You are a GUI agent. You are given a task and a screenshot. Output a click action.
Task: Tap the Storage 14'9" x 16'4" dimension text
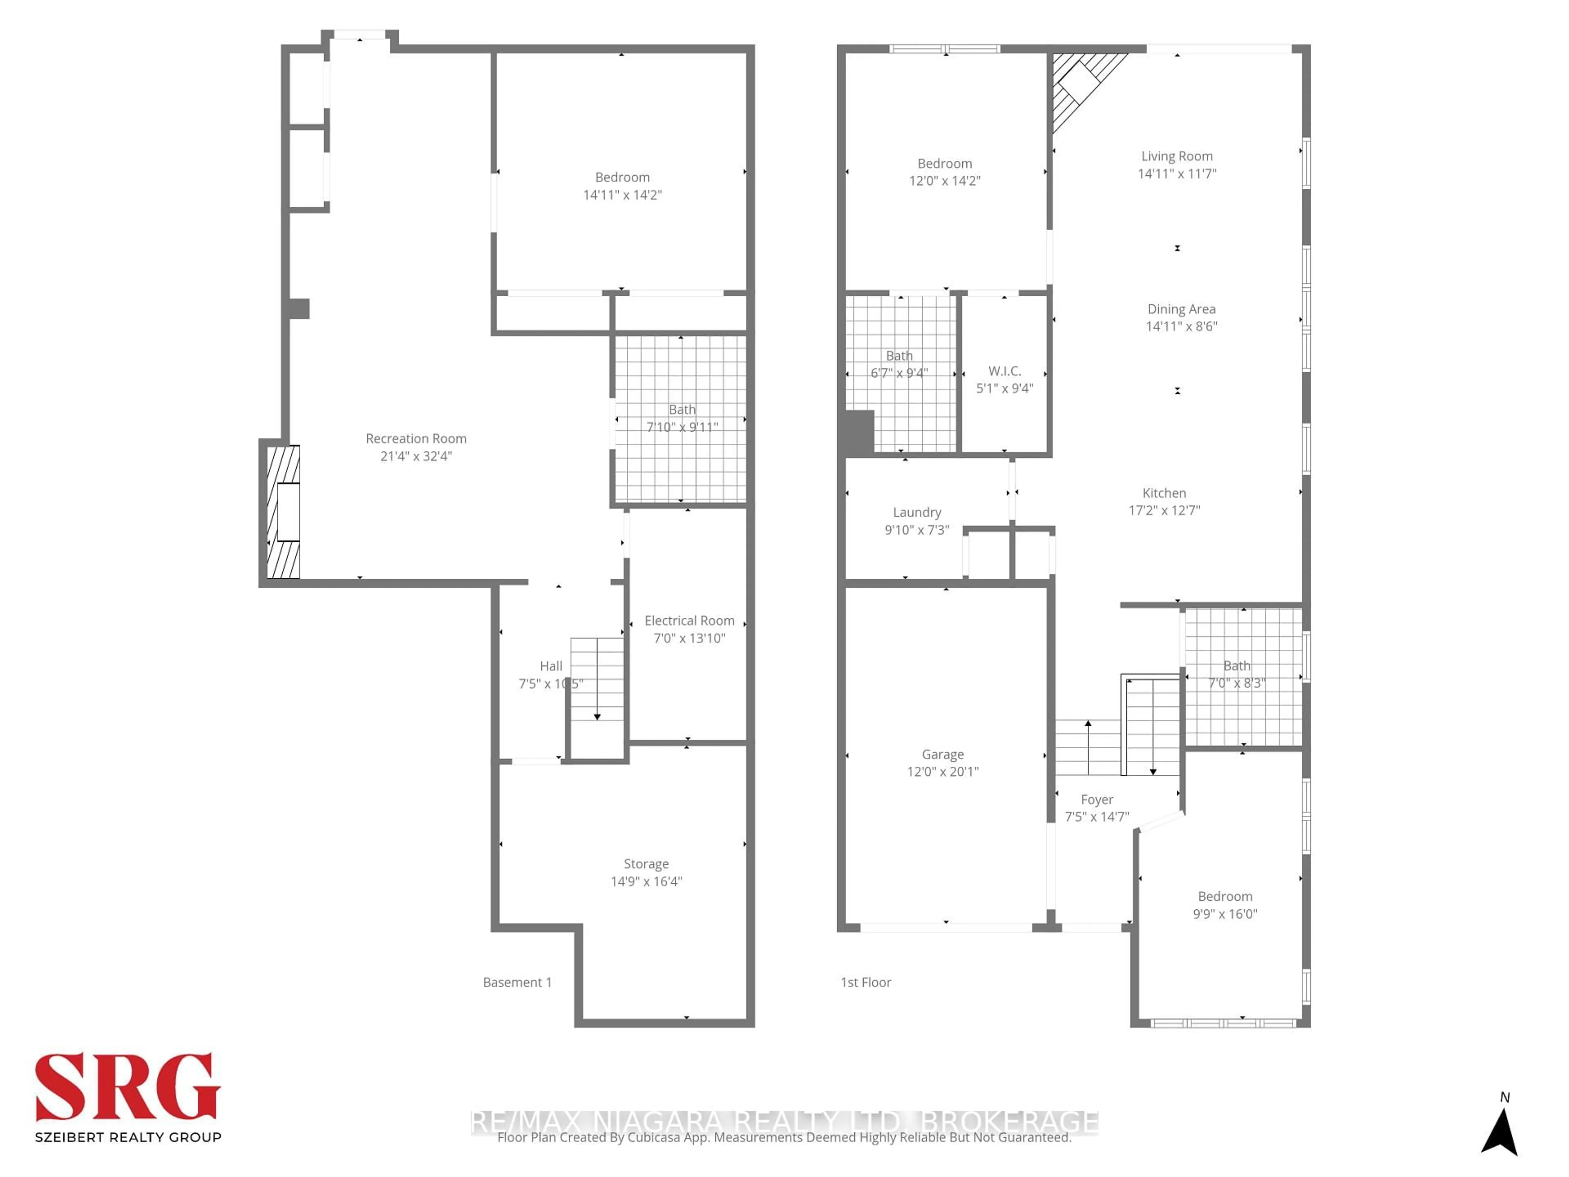646,881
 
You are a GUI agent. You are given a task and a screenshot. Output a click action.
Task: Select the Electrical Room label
689,621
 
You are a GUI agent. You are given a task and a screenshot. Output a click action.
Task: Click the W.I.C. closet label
1004,371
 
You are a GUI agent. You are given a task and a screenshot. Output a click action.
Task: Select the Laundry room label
916,512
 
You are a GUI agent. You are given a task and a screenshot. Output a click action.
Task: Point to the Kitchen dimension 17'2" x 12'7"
1164,510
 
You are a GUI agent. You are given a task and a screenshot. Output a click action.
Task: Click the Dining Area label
1181,309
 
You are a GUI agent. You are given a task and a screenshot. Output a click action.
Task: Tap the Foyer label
1097,799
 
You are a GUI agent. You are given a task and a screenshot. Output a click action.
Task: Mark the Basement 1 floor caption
517,982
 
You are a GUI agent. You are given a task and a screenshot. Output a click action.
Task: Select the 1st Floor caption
865,982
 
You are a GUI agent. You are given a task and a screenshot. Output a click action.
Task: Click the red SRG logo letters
127,1087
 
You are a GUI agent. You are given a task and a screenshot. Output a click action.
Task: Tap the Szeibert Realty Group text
127,1137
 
